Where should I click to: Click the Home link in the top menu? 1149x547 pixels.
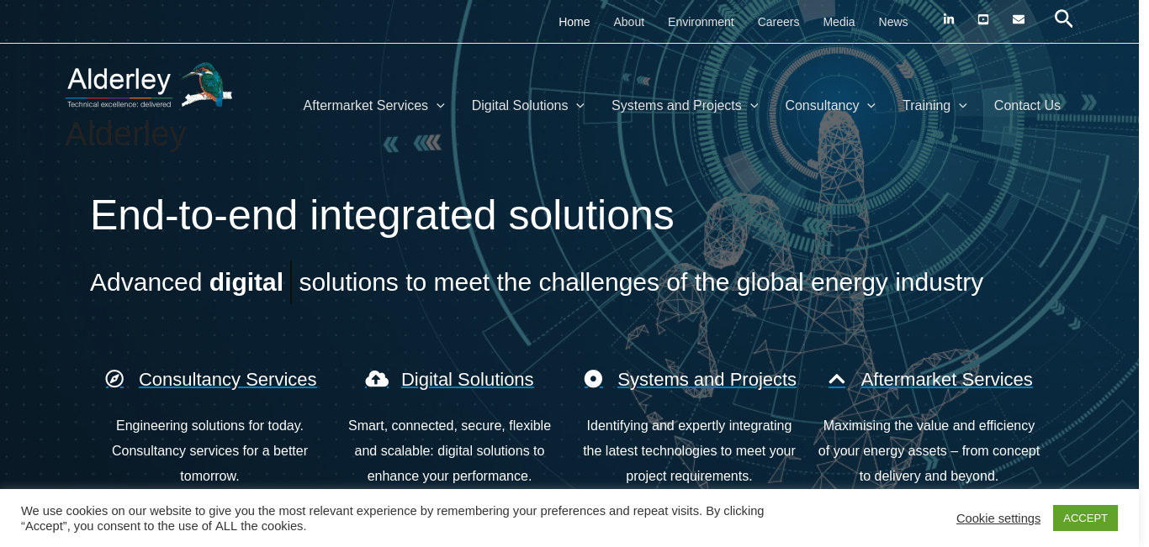tap(574, 22)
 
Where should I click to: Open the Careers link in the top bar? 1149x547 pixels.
tap(778, 22)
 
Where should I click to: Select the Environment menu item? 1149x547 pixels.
tap(701, 22)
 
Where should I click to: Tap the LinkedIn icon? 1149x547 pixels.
tap(949, 19)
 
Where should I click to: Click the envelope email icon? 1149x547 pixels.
tap(1018, 19)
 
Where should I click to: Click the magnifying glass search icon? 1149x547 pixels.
tap(1063, 19)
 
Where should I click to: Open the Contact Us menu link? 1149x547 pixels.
tap(1027, 106)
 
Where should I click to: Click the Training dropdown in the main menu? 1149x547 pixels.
tap(935, 106)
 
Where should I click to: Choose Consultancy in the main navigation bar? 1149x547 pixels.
tap(830, 106)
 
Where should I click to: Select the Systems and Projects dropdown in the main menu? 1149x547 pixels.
tap(685, 106)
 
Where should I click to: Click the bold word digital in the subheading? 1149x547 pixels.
tap(246, 282)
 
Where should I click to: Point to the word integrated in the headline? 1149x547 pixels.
tap(403, 216)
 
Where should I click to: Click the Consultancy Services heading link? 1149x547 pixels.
tap(228, 380)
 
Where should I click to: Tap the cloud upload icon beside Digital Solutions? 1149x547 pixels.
tap(377, 379)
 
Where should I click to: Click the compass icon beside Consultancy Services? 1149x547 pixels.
tap(114, 379)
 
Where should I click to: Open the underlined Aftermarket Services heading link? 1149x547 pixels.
tap(946, 380)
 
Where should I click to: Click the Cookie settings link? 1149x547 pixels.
tap(998, 518)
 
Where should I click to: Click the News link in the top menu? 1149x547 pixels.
tap(893, 22)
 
